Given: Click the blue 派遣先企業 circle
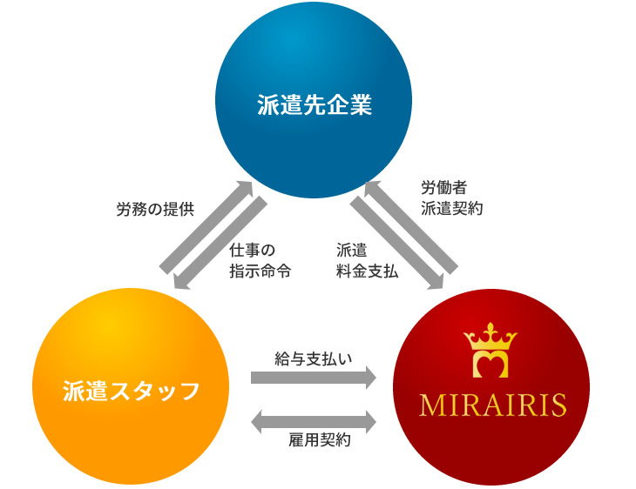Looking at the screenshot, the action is click(x=314, y=100).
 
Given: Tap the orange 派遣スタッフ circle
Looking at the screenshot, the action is click(x=131, y=386).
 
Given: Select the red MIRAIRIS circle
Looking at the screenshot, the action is click(x=491, y=387).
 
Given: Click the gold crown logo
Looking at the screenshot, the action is click(x=491, y=351).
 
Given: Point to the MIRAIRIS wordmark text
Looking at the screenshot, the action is click(x=493, y=405).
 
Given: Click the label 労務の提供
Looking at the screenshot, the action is click(x=155, y=210).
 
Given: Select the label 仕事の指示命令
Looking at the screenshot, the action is click(x=260, y=260).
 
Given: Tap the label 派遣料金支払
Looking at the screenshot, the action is click(x=367, y=260).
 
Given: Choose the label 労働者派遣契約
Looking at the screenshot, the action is click(x=451, y=198).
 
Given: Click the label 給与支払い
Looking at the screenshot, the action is click(x=314, y=358).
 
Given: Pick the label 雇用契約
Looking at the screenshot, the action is click(x=319, y=439).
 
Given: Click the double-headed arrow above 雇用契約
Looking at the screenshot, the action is click(x=314, y=422).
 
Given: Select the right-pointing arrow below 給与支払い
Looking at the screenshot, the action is click(x=314, y=377).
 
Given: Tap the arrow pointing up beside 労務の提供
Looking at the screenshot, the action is click(x=206, y=227).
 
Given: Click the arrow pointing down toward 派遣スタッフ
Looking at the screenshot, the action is click(x=220, y=243).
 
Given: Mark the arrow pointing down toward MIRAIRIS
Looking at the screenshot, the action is click(x=397, y=243).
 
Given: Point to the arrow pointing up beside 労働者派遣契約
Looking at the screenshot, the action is click(x=411, y=227).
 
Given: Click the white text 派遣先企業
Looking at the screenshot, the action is click(x=315, y=105).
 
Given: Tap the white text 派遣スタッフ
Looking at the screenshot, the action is click(x=131, y=391).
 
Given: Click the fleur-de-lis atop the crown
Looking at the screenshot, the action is click(x=491, y=330).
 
